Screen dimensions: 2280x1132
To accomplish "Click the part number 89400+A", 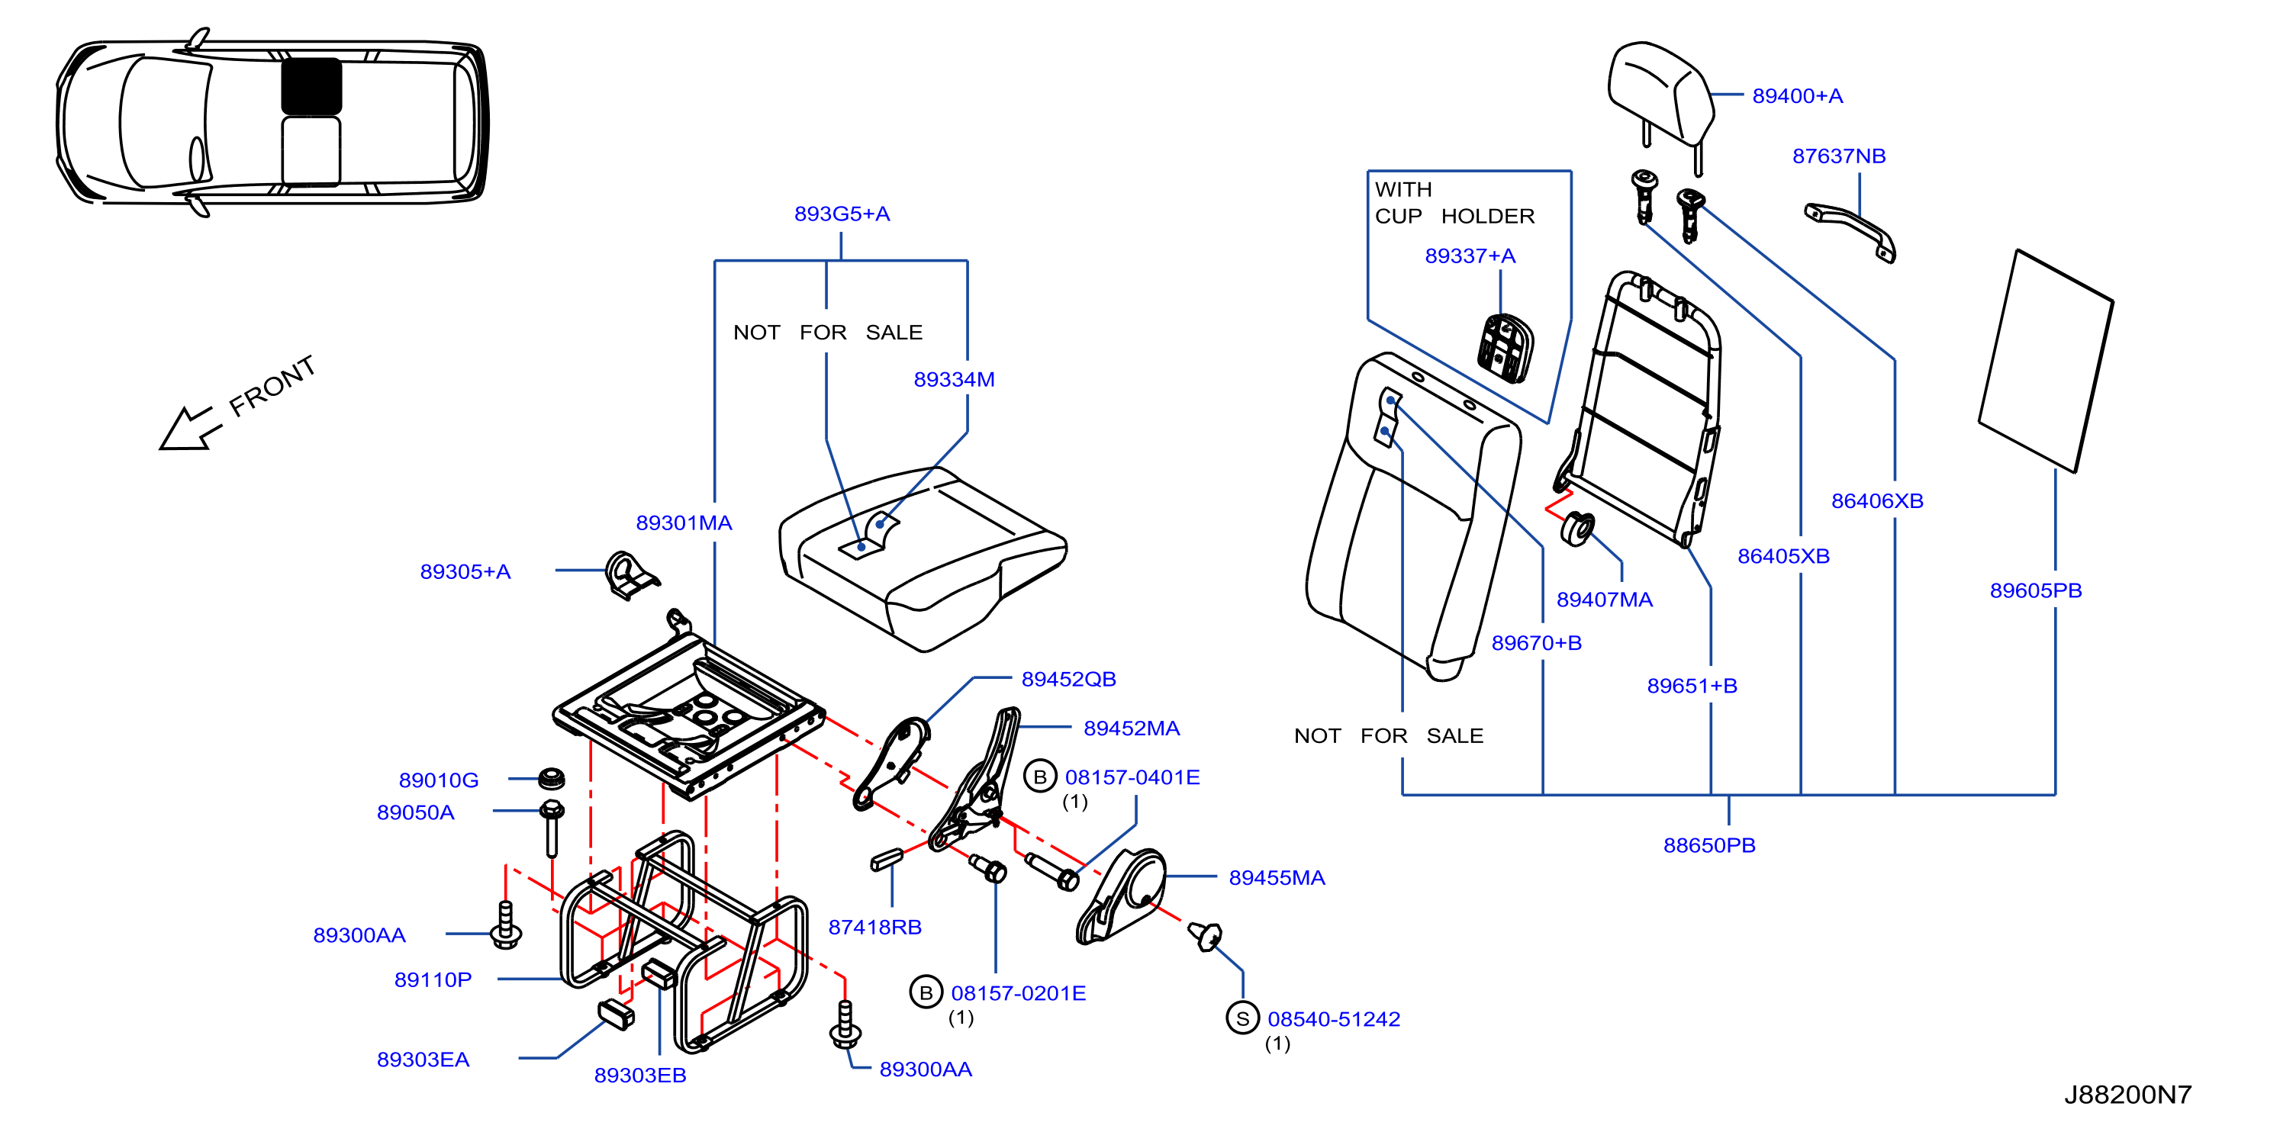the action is [1797, 95].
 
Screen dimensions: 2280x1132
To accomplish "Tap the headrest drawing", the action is [1660, 98].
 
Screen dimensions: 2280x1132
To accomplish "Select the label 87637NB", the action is [1838, 156].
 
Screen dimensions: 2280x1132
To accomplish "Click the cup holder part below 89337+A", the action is [1506, 348].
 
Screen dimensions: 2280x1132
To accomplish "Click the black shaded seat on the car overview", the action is [311, 86].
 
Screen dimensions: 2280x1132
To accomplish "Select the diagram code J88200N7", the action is [2127, 1095].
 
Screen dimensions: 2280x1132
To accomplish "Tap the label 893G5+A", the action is [842, 214].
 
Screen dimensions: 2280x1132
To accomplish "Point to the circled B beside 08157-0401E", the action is [1040, 777].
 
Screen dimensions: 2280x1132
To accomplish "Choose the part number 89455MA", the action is [1277, 877].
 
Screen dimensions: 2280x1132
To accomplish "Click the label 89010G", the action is [438, 780].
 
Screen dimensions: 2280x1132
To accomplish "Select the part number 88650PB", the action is [1709, 844].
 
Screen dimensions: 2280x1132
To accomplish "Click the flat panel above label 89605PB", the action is [2047, 361].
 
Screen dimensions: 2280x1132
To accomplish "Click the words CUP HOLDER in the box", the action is [1454, 216].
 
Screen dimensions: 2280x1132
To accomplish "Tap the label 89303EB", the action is [640, 1075].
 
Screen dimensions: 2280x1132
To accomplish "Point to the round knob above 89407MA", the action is [1576, 529].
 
